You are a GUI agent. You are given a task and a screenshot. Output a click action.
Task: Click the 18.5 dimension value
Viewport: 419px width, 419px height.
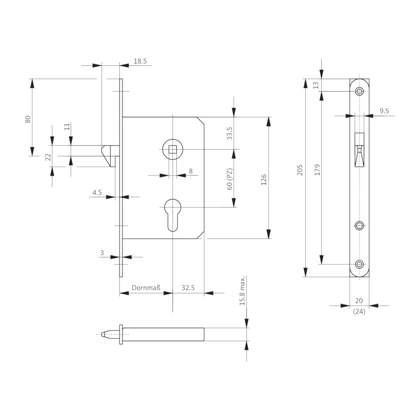pos(140,61)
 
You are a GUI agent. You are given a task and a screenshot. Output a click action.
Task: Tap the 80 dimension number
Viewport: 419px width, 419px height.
pos(28,119)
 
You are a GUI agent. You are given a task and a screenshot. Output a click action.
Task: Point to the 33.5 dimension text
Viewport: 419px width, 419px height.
pos(230,133)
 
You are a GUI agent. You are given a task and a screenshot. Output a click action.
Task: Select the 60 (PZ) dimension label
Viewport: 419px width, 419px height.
pos(230,179)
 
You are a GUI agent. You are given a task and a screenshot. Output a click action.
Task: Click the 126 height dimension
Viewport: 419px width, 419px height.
pos(264,180)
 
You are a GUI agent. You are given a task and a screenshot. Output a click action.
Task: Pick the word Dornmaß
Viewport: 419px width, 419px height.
pos(146,288)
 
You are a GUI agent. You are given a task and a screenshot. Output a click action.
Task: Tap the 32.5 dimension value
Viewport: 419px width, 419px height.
pos(188,288)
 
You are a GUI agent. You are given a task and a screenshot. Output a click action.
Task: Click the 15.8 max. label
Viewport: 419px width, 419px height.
pos(242,291)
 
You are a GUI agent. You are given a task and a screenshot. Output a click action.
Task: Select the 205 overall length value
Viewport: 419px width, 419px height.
pos(300,170)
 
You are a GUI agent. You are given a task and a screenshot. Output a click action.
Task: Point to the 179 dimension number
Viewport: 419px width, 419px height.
pos(317,170)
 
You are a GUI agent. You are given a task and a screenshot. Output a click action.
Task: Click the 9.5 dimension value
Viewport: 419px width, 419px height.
pos(384,111)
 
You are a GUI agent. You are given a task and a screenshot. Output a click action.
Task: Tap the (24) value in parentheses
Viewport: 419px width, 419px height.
pos(359,311)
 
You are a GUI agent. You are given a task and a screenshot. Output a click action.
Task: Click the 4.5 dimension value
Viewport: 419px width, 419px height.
pos(97,192)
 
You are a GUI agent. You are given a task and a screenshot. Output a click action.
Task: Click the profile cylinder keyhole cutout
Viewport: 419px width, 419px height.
pos(173,215)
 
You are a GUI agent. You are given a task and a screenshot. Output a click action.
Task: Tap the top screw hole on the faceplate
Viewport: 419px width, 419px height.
pos(360,91)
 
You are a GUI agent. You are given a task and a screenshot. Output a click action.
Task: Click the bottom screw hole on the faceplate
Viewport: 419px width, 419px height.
pos(360,264)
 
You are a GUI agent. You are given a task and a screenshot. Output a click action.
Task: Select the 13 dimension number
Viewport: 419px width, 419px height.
pos(316,85)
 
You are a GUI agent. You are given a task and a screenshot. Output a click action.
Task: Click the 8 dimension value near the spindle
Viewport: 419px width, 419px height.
pos(191,171)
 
